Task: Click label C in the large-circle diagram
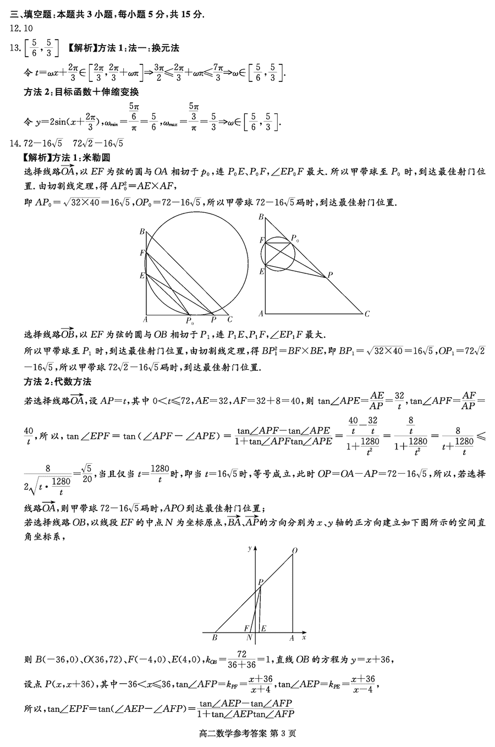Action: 230,320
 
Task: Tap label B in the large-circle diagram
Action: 141,232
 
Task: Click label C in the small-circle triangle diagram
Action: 367,314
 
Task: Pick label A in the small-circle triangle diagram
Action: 261,314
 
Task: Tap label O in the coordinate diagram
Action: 295,550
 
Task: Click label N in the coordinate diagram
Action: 249,638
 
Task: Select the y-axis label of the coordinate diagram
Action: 250,548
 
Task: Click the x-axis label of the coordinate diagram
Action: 304,638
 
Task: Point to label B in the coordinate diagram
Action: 214,638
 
